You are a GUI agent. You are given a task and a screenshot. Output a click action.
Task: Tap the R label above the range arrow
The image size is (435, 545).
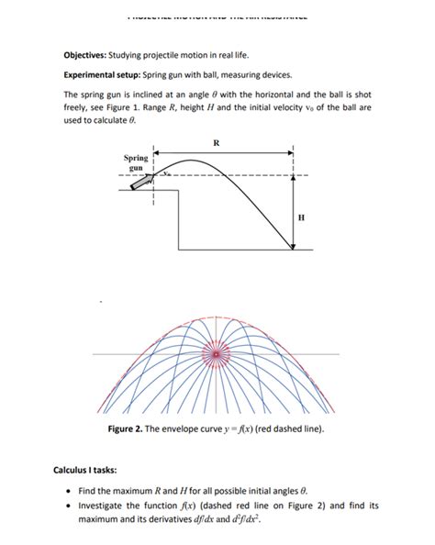click(x=216, y=142)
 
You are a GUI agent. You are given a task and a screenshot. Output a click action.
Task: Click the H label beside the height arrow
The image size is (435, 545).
click(x=303, y=217)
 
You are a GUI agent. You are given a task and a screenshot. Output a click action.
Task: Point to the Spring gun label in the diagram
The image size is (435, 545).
click(x=136, y=163)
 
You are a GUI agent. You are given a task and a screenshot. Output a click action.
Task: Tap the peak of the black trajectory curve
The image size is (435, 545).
click(x=190, y=161)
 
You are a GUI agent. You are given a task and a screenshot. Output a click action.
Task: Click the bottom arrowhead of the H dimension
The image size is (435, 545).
click(x=293, y=246)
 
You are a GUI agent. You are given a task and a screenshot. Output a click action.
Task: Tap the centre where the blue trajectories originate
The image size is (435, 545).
click(x=217, y=353)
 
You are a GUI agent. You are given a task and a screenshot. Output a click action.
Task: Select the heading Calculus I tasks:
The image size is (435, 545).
click(x=91, y=470)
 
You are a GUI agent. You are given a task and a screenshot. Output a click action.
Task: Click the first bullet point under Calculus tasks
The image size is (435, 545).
click(x=69, y=492)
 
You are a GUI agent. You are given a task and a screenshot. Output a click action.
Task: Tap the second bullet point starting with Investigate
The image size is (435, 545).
click(x=69, y=506)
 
